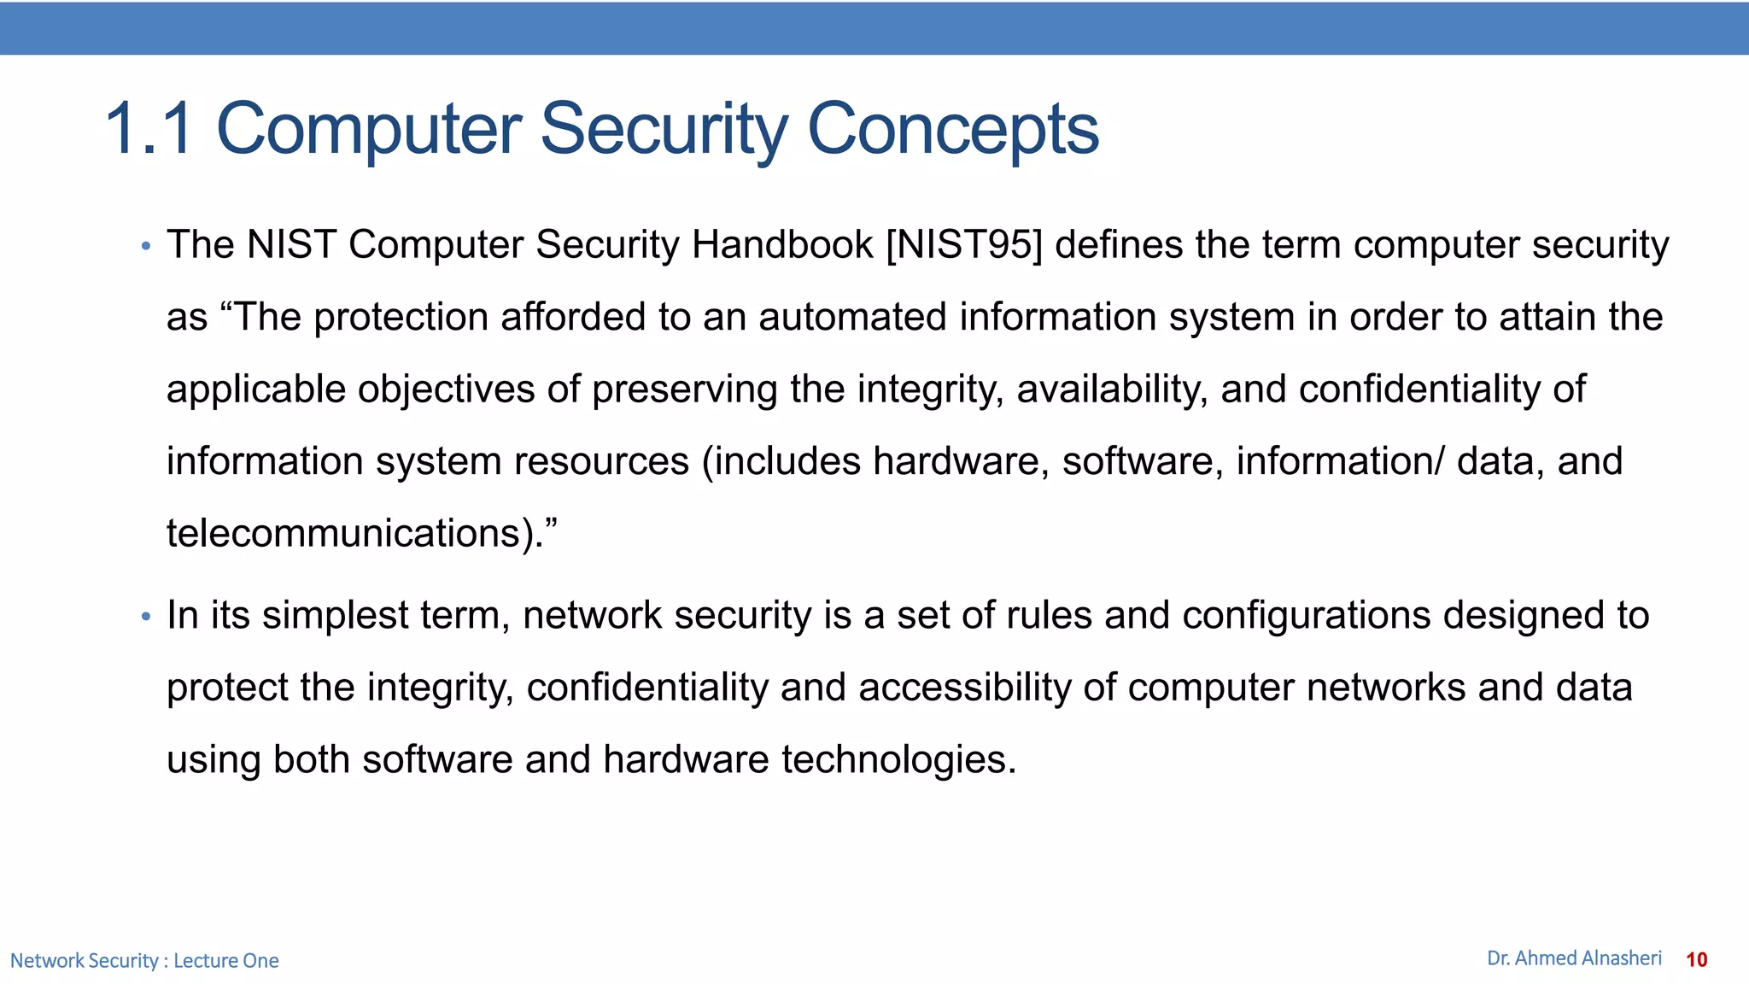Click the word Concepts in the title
click(x=952, y=129)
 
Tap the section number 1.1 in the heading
click(x=149, y=129)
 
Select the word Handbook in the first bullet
click(x=782, y=245)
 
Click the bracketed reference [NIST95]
click(x=964, y=245)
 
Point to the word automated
click(x=852, y=317)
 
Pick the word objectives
click(x=446, y=389)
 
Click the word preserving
click(x=684, y=389)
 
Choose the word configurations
click(x=1306, y=616)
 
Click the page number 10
click(x=1696, y=960)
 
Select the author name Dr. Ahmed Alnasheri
click(x=1574, y=958)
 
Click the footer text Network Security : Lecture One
click(x=144, y=961)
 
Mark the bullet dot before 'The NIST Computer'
click(x=146, y=247)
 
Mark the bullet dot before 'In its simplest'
click(x=146, y=617)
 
